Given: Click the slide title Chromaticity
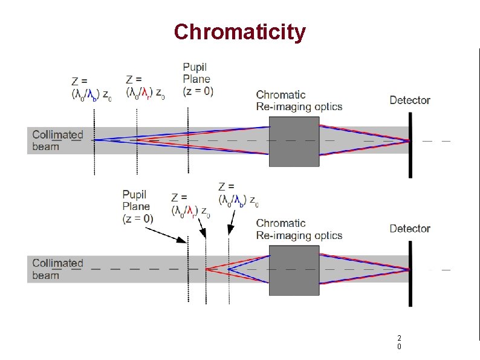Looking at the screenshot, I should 239,31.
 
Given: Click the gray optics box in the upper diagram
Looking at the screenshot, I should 294,142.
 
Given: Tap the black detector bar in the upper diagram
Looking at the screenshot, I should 410,144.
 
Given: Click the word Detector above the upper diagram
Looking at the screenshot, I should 410,100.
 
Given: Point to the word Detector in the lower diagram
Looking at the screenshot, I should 410,229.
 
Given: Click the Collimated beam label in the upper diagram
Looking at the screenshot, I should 57,140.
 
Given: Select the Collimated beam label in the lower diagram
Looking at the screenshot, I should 57,269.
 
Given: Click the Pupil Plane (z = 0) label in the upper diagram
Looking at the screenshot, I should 197,79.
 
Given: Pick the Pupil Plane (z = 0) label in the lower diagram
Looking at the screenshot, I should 138,206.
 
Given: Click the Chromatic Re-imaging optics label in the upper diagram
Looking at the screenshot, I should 299,100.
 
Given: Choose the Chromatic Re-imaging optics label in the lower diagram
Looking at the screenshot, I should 299,229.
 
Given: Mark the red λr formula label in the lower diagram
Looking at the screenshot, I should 191,205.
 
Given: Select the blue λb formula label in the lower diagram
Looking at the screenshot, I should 239,194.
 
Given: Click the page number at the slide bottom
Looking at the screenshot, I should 399,342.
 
